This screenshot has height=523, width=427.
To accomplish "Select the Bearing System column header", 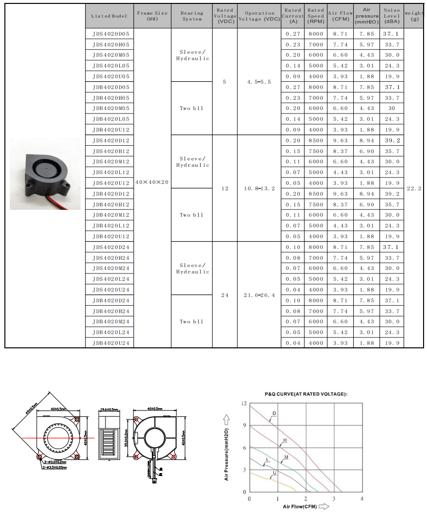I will tap(192, 16).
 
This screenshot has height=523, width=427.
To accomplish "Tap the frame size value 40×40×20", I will tap(152, 182).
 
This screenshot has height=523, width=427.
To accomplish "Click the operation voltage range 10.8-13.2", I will tap(259, 188).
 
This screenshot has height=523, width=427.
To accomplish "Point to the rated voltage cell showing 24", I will tap(225, 295).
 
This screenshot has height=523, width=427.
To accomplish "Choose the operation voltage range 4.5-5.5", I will tap(259, 82).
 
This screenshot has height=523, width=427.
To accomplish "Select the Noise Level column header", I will tap(391, 16).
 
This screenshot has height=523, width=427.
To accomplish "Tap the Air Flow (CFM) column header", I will tap(341, 16).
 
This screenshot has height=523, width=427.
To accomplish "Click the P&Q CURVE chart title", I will tap(306, 394).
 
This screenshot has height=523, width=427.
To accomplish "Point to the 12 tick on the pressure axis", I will tap(244, 404).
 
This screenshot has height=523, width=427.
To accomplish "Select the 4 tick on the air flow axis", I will tap(362, 499).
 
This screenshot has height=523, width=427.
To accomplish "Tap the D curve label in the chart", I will tap(274, 413).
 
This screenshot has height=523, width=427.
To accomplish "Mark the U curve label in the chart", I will tap(275, 472).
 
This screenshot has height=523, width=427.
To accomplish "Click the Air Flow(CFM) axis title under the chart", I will tap(300, 507).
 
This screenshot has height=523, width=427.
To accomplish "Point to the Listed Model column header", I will tap(109, 16).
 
